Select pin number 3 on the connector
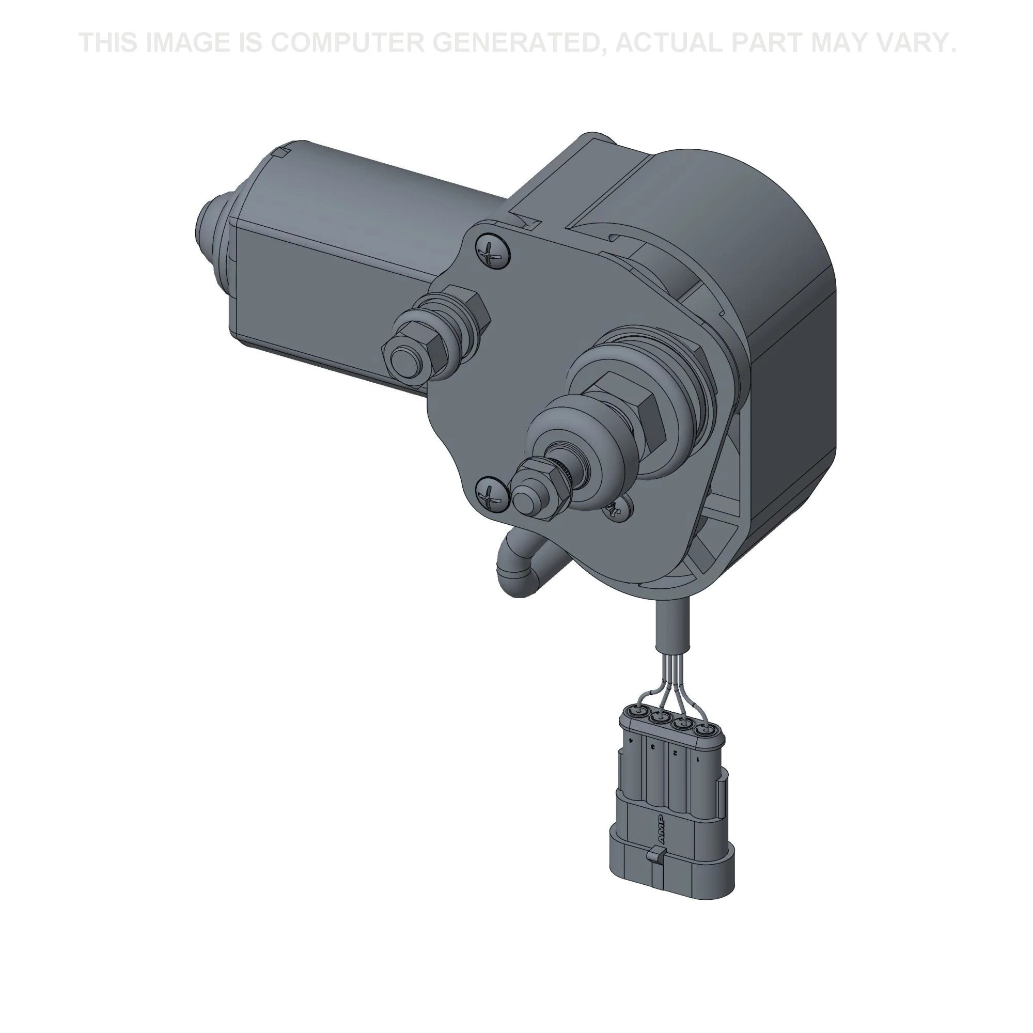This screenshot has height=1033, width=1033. (654, 747)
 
